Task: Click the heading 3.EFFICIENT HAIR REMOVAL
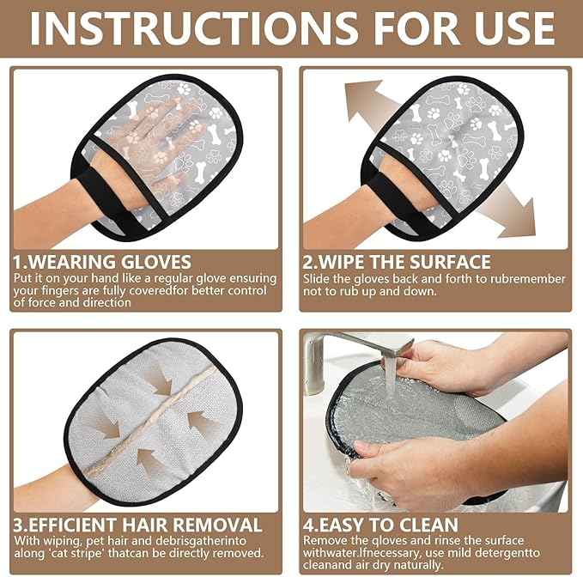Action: point(138,524)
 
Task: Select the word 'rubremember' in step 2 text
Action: point(527,278)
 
